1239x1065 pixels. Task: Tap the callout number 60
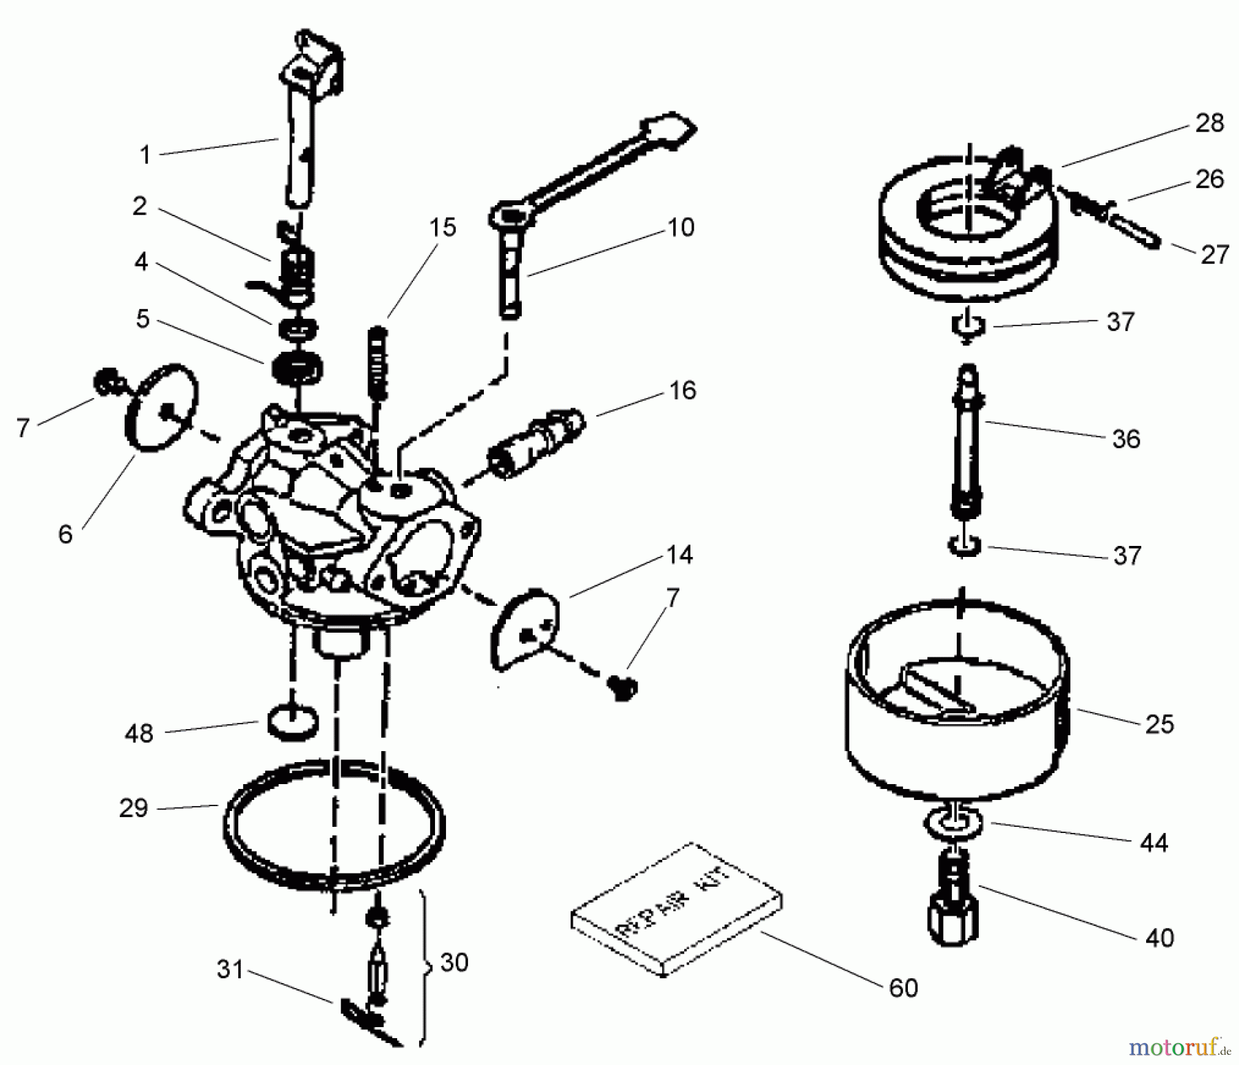point(903,987)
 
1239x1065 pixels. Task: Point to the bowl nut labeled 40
point(953,909)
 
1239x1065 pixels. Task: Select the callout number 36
point(1125,439)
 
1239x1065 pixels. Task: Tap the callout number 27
point(1214,254)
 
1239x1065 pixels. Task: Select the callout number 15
point(443,226)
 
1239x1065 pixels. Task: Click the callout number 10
point(681,227)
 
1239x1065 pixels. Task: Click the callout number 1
point(145,155)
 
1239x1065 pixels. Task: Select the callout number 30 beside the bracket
point(454,962)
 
